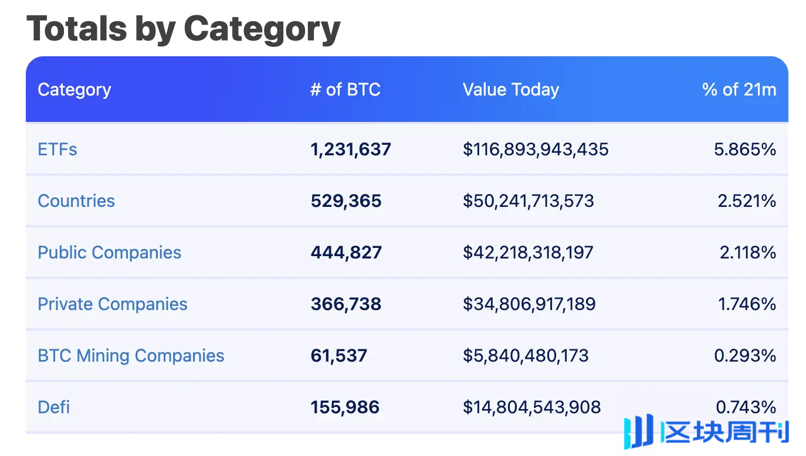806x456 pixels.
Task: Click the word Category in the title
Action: pos(262,28)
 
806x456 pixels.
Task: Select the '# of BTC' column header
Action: pos(345,90)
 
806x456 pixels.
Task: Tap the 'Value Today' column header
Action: pos(510,90)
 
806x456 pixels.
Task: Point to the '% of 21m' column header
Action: pos(739,90)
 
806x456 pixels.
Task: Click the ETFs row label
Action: pos(57,149)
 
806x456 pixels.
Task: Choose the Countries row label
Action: pos(76,201)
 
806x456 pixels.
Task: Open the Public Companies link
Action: pos(109,253)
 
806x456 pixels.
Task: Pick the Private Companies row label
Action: pos(112,304)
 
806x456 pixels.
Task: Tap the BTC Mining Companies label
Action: pos(131,356)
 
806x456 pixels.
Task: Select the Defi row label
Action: pos(54,407)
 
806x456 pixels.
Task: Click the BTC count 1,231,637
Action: pos(350,149)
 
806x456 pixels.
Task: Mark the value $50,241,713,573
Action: pos(528,201)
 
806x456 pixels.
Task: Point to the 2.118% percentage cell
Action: pos(748,253)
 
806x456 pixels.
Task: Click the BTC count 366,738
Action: pos(346,304)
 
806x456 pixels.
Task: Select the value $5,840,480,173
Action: pos(526,356)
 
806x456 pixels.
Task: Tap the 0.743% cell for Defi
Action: pos(746,407)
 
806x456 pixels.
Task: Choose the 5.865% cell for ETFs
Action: pos(745,149)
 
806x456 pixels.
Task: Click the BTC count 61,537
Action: pos(338,356)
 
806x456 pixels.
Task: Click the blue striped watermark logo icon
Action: pos(638,432)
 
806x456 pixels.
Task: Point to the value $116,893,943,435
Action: pos(536,149)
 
